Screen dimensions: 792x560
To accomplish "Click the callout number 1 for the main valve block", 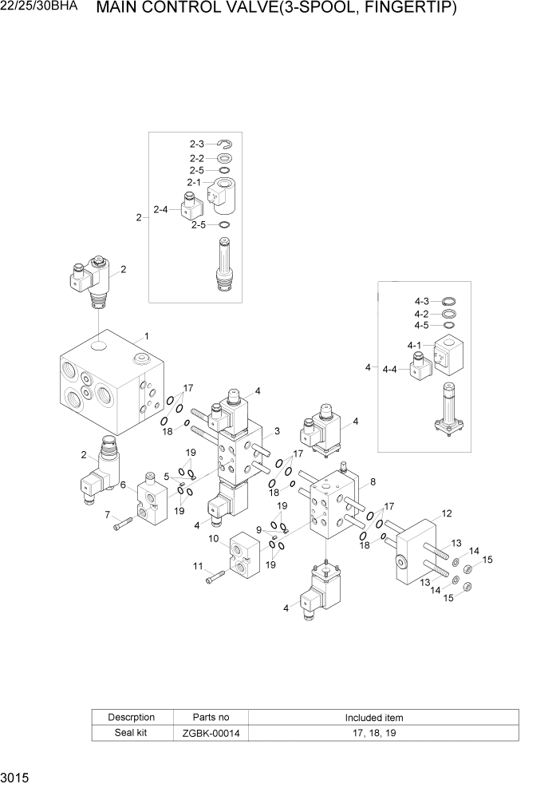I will [146, 336].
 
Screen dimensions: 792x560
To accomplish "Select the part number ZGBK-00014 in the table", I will [211, 733].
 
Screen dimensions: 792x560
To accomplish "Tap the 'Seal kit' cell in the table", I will [132, 733].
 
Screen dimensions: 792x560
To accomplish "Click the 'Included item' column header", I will [373, 717].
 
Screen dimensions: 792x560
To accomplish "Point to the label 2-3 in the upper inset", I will [197, 144].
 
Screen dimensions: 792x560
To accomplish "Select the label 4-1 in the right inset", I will [413, 346].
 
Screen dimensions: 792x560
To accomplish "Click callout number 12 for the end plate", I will [447, 513].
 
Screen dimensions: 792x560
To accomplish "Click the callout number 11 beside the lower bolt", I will [197, 566].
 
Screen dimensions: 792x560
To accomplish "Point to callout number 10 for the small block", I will [214, 539].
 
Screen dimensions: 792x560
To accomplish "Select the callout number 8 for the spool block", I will [373, 482].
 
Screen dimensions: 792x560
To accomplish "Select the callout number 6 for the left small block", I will [123, 485].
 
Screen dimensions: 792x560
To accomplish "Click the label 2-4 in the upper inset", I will [160, 210].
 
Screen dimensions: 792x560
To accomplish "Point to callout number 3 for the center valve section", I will [276, 431].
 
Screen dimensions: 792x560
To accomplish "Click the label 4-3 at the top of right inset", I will [422, 301].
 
